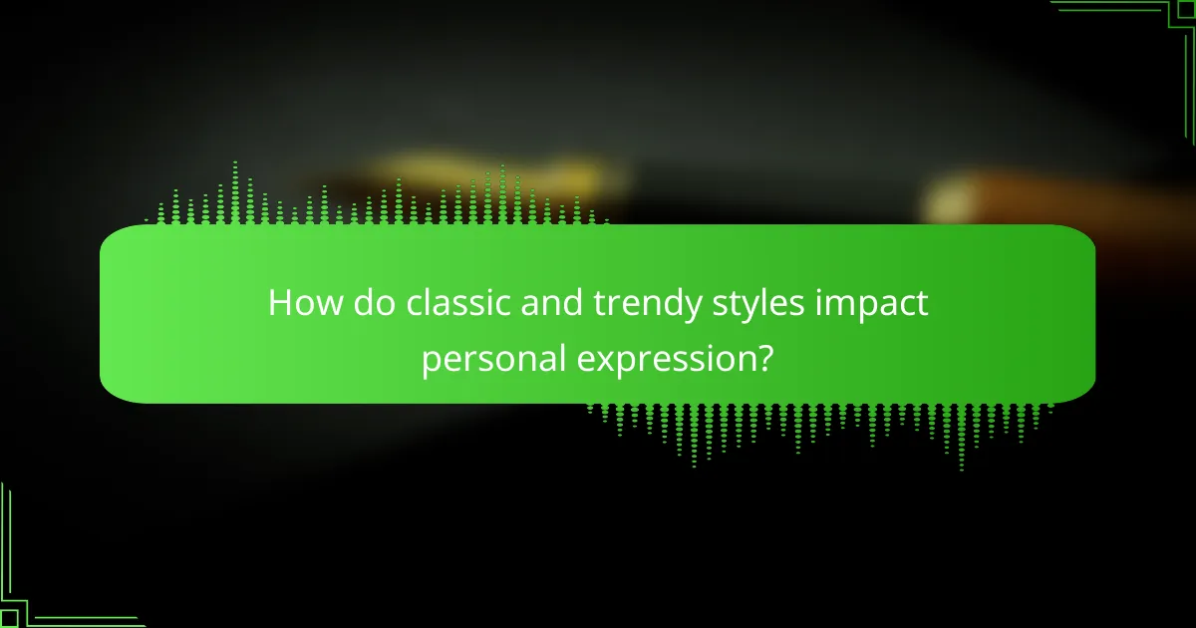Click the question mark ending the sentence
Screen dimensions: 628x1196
point(763,356)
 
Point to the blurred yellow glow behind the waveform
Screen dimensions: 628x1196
point(488,174)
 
